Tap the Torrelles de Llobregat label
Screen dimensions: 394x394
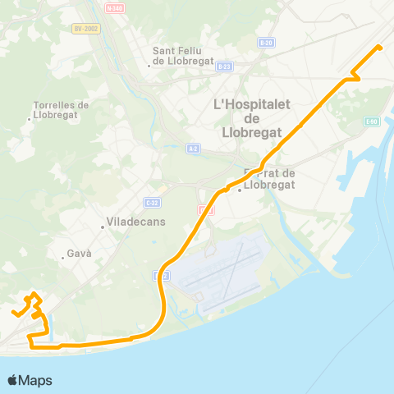click(x=61, y=109)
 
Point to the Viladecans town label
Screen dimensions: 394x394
click(x=135, y=222)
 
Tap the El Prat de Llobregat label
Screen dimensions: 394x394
click(x=270, y=179)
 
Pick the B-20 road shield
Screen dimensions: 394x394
click(x=265, y=43)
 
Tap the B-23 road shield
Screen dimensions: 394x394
click(x=225, y=66)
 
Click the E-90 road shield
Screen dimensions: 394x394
click(x=371, y=121)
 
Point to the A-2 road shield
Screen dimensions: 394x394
click(x=193, y=149)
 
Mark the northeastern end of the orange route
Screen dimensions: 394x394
click(x=379, y=47)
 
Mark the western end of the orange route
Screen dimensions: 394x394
click(x=14, y=312)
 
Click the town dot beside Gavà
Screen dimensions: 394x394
click(x=63, y=259)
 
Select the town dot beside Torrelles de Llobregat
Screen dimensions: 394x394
click(x=30, y=120)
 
